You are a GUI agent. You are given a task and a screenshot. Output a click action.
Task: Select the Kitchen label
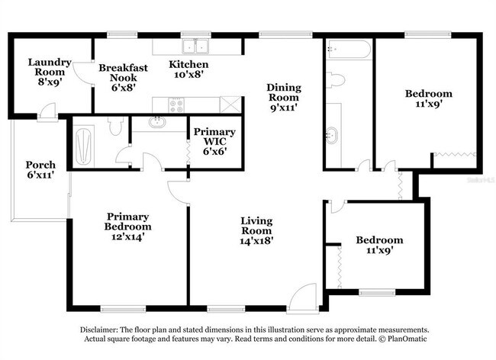[188, 69]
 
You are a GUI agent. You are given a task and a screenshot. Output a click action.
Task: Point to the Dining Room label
[282, 98]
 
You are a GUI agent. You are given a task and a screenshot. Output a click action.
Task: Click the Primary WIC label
[214, 141]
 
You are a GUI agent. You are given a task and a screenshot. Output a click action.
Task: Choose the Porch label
[40, 170]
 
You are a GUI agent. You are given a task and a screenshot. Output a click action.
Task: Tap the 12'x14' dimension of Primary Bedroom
[127, 236]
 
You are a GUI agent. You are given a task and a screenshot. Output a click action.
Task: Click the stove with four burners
[177, 105]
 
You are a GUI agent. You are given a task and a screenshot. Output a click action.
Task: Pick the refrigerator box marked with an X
[230, 104]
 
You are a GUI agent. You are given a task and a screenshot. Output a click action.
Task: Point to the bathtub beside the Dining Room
[349, 50]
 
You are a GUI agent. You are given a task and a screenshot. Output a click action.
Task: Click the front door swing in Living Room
[302, 296]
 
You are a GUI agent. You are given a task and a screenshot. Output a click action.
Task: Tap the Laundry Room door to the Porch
[48, 115]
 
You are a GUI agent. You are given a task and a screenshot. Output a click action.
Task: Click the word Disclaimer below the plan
[101, 329]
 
